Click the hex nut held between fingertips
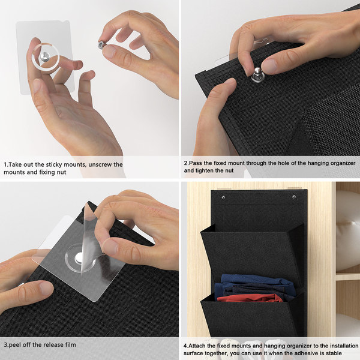101,45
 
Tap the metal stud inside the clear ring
44,56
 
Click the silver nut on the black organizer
257,74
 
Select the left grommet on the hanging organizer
223,197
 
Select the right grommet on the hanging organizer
294,197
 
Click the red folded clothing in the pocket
250,298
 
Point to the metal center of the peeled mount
79,258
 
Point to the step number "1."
6,164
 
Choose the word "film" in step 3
71,344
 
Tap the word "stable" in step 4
334,353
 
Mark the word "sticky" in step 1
54,165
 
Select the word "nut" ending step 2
229,171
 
